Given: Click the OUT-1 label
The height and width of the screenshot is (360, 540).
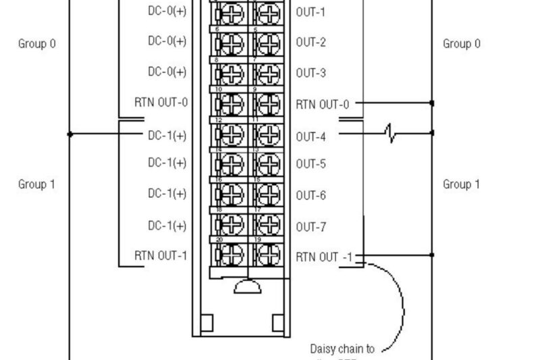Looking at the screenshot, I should (x=310, y=12).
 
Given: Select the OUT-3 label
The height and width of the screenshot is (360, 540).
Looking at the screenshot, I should (x=310, y=73).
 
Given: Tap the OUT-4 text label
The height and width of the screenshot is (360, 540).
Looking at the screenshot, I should (x=310, y=136).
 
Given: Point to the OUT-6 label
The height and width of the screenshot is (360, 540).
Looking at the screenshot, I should (x=310, y=195).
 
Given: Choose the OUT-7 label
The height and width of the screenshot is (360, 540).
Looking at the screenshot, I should (x=310, y=227).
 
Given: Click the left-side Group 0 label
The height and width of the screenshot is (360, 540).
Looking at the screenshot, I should (x=36, y=44).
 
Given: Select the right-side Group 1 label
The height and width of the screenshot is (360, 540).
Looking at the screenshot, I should (x=462, y=184).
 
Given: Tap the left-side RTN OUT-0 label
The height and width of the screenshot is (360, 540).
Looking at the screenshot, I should (x=161, y=103).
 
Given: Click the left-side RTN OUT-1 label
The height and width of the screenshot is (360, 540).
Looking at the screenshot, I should (x=161, y=255).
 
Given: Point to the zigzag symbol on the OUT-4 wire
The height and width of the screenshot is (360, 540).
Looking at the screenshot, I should (x=390, y=133).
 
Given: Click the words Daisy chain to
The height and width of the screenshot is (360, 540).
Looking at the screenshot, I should (x=342, y=349).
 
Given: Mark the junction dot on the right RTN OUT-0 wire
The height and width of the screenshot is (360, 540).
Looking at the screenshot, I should (x=432, y=103).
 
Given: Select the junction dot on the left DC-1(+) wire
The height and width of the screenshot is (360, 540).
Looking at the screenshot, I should (x=70, y=134).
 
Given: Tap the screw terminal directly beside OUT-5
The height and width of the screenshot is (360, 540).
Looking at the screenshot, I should (x=269, y=164).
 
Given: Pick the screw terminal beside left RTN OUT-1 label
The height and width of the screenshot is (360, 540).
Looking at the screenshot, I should (x=230, y=255).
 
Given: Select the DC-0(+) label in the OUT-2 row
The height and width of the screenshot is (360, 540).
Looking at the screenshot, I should (x=167, y=41).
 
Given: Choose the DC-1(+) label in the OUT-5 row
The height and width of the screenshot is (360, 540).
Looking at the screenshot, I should (x=167, y=163).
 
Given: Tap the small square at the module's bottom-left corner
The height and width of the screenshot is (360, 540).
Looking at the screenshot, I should (x=207, y=322).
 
